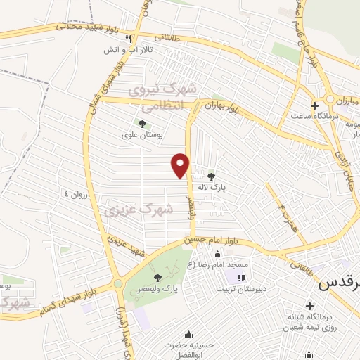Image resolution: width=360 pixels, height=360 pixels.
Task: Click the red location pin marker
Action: pos(181,165)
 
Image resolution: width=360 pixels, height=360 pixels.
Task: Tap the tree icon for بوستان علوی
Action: pos(143,124)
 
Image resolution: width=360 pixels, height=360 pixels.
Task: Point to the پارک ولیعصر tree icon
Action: pos(157,278)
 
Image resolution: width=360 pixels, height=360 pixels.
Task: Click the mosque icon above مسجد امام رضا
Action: pos(217,255)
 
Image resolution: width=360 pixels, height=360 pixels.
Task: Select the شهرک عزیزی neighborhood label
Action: pos(138,209)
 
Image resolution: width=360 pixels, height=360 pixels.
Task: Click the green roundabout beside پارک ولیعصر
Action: pos(117,284)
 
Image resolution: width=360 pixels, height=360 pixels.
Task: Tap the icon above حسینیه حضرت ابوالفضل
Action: pos(188,334)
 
